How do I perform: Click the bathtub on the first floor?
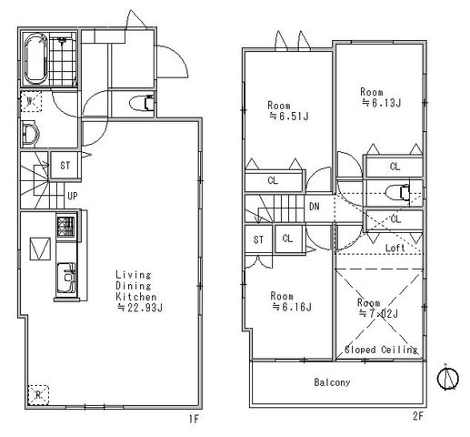(x=36, y=59)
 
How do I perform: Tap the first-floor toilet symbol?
(x=142, y=103)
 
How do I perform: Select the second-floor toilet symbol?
(x=398, y=192)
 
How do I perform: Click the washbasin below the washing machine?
(x=30, y=133)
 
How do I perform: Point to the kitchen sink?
(x=65, y=278)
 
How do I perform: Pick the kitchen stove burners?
(x=65, y=227)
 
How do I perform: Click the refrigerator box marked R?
(x=38, y=395)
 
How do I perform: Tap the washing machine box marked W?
(x=31, y=102)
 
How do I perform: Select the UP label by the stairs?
(x=73, y=197)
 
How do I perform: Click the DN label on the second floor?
(x=315, y=207)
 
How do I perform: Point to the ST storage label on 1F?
(x=65, y=166)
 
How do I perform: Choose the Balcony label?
(x=332, y=382)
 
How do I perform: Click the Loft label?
(x=395, y=248)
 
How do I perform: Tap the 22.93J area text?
(x=140, y=308)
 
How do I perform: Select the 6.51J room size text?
(x=289, y=117)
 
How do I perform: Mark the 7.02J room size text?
(x=378, y=313)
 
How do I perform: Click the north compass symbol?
(x=447, y=378)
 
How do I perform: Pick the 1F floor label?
(x=194, y=419)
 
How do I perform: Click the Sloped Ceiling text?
(x=381, y=350)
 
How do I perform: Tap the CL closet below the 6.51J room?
(x=273, y=180)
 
